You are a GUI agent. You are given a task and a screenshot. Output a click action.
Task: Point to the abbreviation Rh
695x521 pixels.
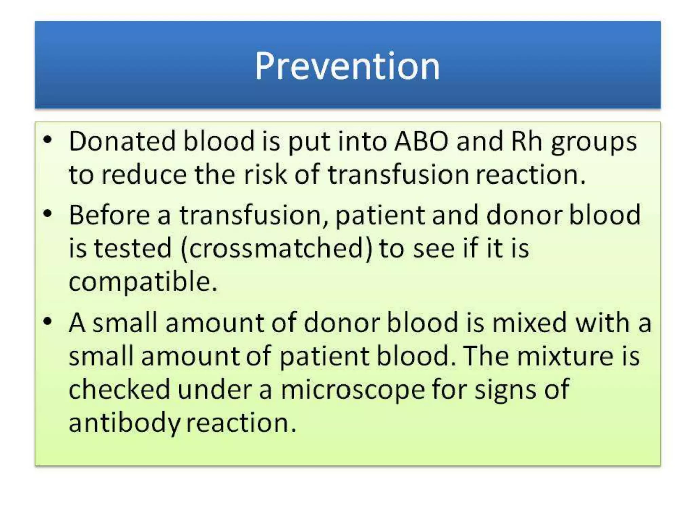pyautogui.click(x=526, y=141)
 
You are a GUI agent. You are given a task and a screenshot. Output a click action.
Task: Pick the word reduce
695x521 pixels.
pyautogui.click(x=144, y=174)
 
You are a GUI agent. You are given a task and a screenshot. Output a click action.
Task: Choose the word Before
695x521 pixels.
pyautogui.click(x=109, y=215)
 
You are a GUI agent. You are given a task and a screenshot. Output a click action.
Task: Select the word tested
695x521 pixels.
pyautogui.click(x=132, y=248)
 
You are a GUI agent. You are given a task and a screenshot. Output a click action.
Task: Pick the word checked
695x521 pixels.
pyautogui.click(x=119, y=389)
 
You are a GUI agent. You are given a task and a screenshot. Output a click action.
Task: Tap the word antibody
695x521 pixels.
pyautogui.click(x=124, y=424)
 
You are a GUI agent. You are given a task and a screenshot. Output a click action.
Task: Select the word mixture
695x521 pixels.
pyautogui.click(x=565, y=356)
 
